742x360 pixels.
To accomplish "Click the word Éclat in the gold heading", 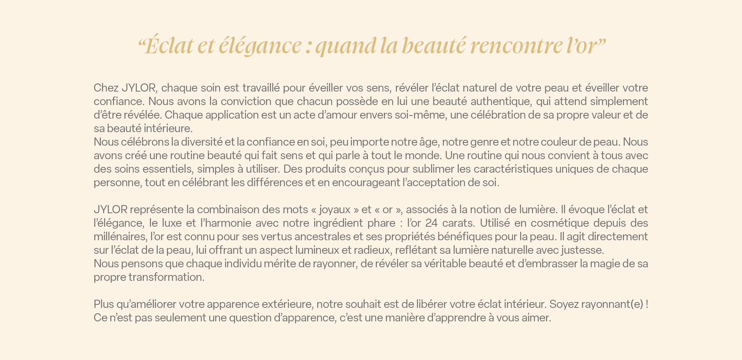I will (169, 46).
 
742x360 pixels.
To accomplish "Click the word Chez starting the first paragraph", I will (106, 88).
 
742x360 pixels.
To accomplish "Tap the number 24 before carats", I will (431, 223).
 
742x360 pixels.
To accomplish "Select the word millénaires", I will (120, 237).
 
